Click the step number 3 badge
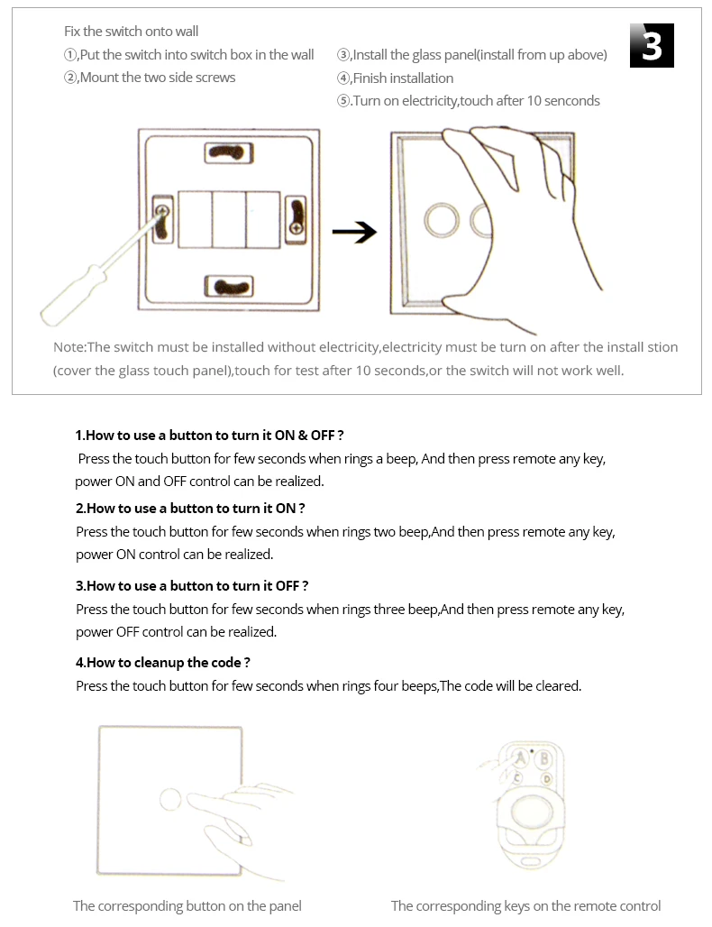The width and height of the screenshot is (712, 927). pos(652,45)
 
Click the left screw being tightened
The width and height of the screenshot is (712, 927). pos(162,213)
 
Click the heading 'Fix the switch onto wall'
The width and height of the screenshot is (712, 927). pos(132,32)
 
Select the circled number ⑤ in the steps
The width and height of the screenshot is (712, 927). pos(343,101)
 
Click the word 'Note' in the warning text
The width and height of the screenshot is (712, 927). pos(68,347)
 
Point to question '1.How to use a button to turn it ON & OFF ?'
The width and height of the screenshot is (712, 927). pos(210,435)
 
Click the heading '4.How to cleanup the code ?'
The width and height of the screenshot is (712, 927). pos(163,663)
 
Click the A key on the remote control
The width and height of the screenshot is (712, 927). pos(521,758)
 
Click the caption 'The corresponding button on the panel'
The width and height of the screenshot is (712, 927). pos(187,906)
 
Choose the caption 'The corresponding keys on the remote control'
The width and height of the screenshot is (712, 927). pos(526,906)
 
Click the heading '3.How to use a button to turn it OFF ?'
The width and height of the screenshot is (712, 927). pos(193,586)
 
